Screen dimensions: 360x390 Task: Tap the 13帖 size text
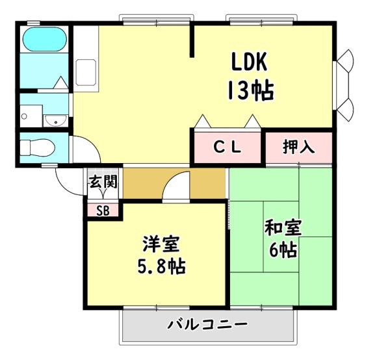[x=250, y=90]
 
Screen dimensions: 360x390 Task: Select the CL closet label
[x=227, y=147]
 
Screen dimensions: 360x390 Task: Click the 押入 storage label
[x=298, y=147]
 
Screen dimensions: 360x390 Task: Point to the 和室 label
[x=282, y=229]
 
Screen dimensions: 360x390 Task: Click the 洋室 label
[x=161, y=245]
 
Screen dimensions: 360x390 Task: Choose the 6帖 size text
[x=282, y=250]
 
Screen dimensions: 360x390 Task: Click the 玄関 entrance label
[x=102, y=183]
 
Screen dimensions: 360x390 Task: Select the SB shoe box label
[x=103, y=210]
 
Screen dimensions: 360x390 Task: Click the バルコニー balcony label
[x=207, y=324]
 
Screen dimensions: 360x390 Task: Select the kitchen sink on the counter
[x=86, y=71]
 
